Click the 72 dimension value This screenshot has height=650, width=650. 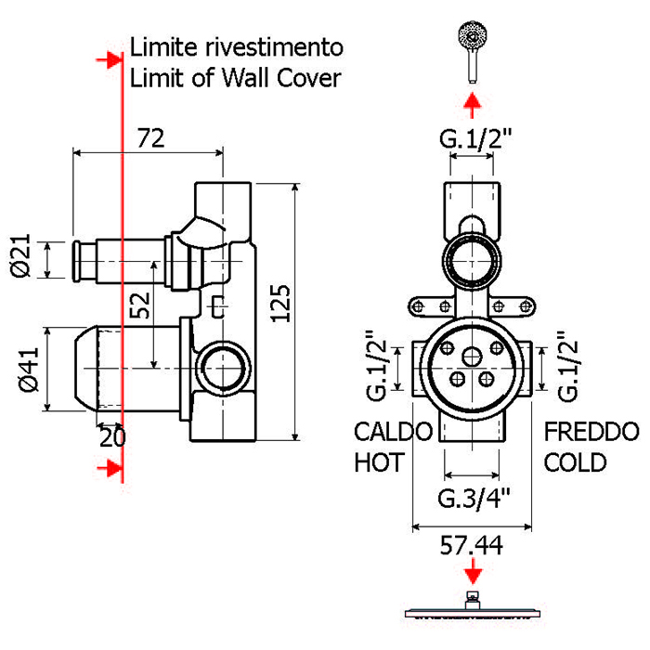(150, 138)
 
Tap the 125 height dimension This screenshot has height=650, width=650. (282, 303)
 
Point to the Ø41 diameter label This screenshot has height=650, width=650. (27, 369)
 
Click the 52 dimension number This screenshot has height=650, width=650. (139, 305)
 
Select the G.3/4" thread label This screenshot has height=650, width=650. (474, 499)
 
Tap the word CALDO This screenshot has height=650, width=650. (394, 432)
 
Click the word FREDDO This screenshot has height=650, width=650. (591, 432)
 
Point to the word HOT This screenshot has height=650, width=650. (379, 461)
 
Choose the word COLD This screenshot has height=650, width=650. (576, 461)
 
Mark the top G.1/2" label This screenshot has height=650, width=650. (476, 140)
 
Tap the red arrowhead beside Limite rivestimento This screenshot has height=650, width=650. (110, 59)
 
